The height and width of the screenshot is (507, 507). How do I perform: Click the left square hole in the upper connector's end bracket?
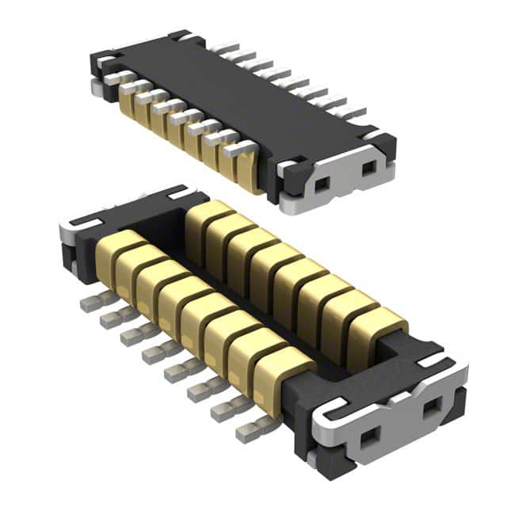click(321, 184)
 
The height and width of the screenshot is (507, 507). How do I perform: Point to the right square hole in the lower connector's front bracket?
click(433, 410)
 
